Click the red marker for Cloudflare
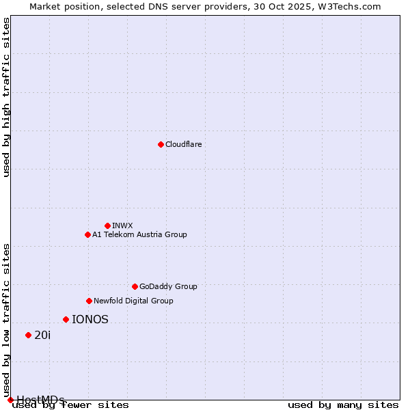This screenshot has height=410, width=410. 161,144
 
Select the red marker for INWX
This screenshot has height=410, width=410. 107,225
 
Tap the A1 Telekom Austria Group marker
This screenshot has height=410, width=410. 87,234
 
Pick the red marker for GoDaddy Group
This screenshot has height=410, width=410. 135,286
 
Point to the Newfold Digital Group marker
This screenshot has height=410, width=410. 89,301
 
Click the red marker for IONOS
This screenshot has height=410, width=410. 66,319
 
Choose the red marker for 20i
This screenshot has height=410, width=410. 28,335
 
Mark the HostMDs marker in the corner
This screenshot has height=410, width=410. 10,400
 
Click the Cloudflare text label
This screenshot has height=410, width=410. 184,144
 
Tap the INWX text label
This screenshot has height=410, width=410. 122,225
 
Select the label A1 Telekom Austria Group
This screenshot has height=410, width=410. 139,234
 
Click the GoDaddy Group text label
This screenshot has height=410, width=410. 168,286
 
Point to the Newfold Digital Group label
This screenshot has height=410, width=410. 133,301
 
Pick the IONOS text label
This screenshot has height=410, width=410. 90,319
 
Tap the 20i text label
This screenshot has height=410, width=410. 42,335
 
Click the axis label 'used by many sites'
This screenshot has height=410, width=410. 343,405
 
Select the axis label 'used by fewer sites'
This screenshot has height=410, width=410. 71,405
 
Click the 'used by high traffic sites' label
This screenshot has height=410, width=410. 6,97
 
